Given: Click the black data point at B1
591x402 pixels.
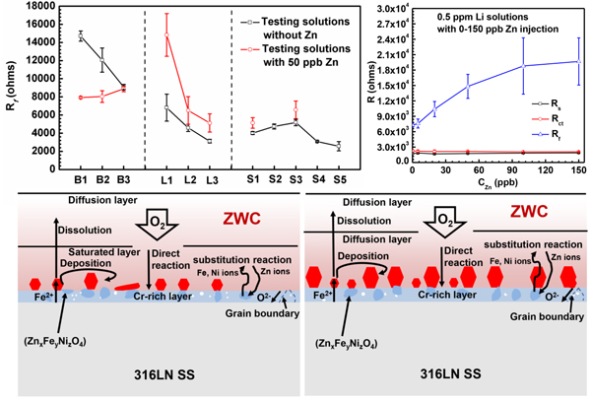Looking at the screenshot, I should point(79,34).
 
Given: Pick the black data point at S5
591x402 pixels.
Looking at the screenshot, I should point(339,146).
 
